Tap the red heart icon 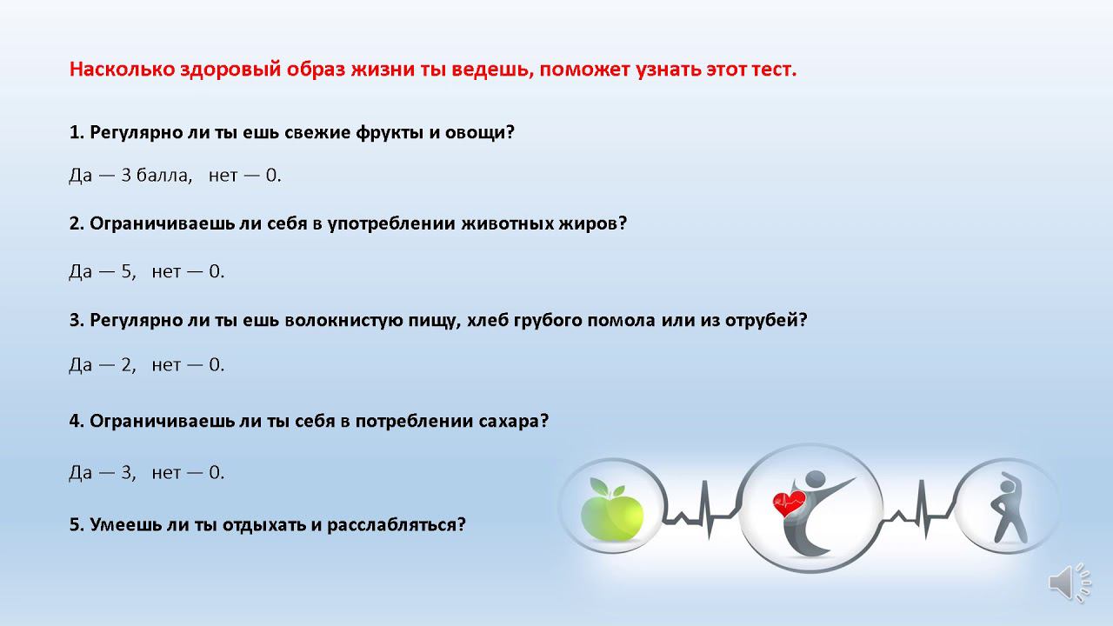(x=789, y=503)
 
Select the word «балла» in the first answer (x=164, y=176)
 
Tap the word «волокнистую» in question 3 (x=345, y=320)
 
